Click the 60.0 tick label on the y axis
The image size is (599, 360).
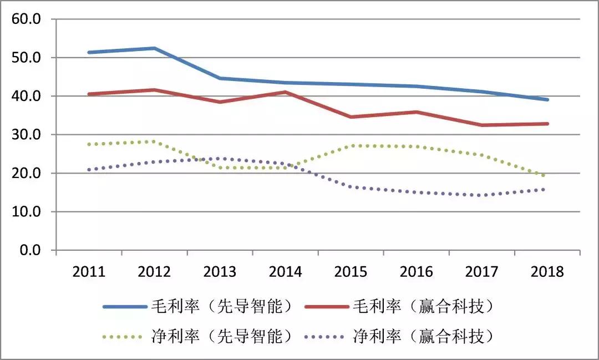[27, 19]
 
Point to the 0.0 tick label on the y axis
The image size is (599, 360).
[30, 251]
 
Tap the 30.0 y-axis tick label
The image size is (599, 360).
[27, 135]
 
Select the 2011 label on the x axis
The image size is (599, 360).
[89, 272]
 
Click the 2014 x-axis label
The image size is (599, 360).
[285, 272]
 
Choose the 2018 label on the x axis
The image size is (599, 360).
[547, 272]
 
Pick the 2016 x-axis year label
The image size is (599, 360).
[417, 272]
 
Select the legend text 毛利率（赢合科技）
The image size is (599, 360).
[423, 306]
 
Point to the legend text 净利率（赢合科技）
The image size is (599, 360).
[423, 336]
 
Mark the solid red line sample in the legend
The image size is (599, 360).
[327, 306]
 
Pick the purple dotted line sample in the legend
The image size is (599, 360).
[327, 336]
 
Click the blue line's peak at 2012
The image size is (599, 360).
[154, 48]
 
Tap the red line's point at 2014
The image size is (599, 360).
[285, 92]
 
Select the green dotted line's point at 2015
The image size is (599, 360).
[351, 146]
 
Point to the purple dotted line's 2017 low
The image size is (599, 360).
[482, 195]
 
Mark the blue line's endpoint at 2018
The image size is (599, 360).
[547, 100]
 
